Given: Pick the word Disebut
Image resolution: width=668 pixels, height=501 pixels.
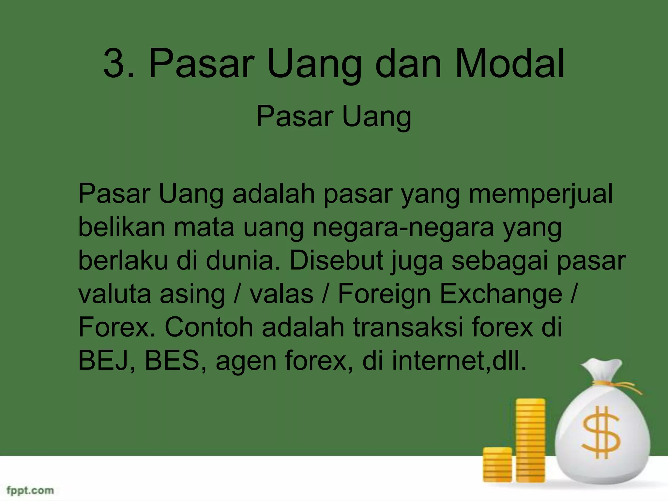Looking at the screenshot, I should click(x=336, y=261).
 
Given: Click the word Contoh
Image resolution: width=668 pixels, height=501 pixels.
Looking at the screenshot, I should click(x=209, y=327).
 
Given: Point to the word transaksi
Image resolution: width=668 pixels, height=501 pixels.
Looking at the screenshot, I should click(x=408, y=327).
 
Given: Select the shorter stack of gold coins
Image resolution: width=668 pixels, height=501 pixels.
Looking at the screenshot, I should click(x=497, y=464).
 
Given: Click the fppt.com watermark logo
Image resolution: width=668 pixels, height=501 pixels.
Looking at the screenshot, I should click(x=30, y=490).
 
